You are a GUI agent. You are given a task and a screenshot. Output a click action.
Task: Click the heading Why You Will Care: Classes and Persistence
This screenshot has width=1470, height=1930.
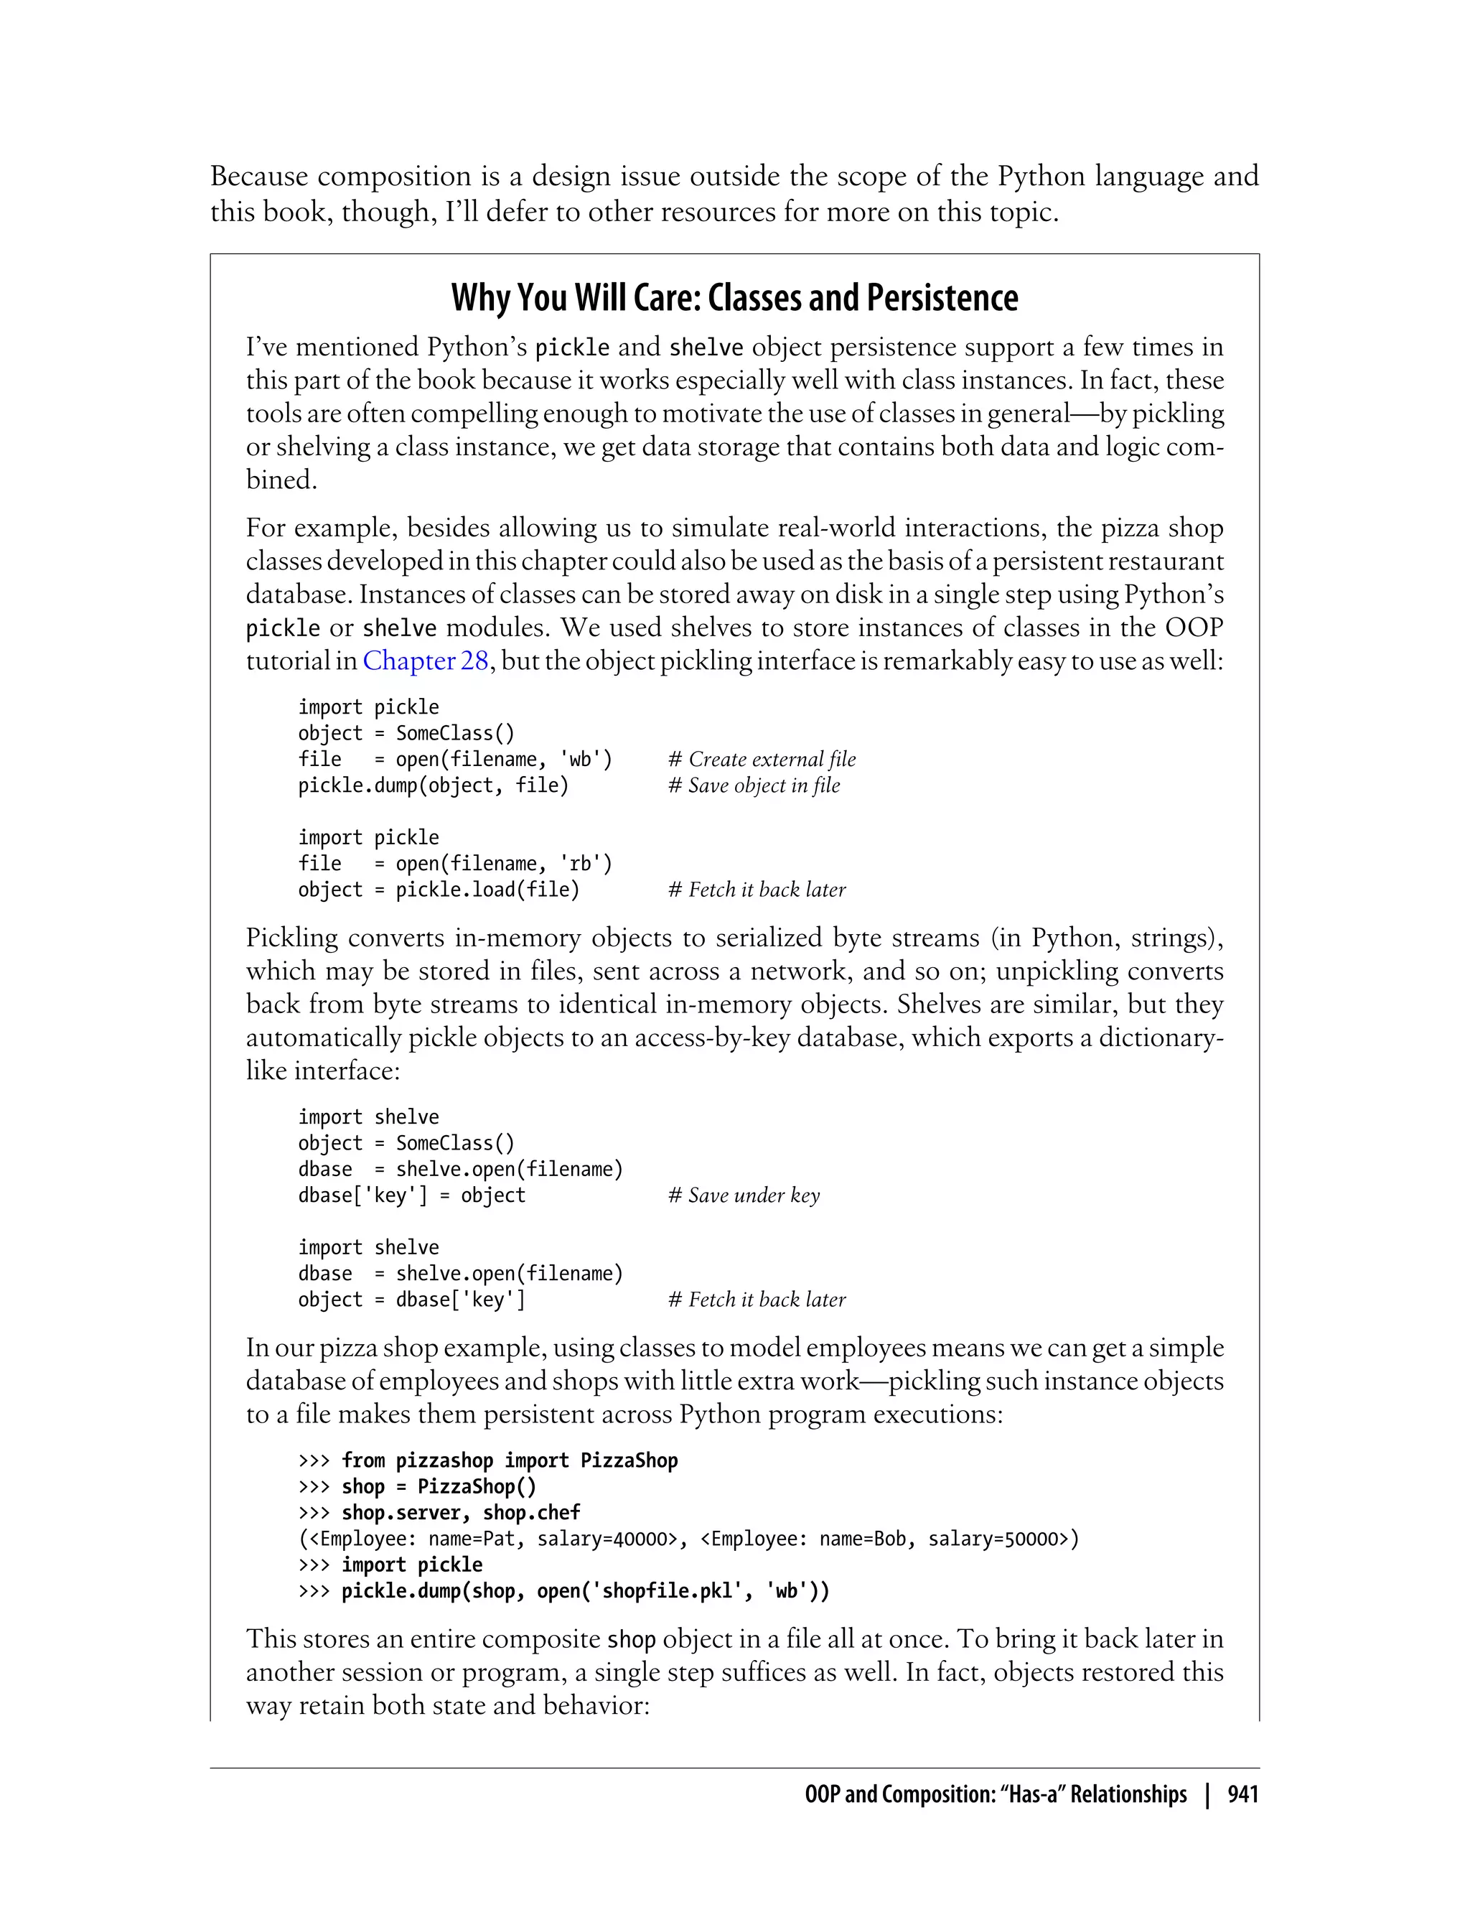(x=734, y=299)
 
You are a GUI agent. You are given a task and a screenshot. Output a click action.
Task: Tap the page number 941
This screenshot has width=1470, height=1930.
(x=1242, y=1794)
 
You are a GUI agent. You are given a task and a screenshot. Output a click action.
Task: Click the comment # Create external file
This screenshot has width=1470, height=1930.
(x=762, y=759)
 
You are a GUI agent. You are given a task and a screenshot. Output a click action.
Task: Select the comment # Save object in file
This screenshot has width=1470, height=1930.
(x=754, y=785)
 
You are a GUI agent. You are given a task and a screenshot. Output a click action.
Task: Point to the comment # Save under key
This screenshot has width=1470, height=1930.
(x=744, y=1195)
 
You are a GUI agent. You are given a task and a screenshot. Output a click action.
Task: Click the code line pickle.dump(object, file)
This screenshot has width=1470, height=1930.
(x=433, y=785)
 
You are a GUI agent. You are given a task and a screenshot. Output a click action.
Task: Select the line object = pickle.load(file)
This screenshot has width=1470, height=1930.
(x=439, y=890)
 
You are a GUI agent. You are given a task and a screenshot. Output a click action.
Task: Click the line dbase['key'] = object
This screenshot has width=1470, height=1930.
(x=411, y=1195)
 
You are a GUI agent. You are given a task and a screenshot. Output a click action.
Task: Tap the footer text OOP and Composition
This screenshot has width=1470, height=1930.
(x=995, y=1794)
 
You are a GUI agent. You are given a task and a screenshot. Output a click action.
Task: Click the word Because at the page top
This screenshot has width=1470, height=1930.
(x=259, y=177)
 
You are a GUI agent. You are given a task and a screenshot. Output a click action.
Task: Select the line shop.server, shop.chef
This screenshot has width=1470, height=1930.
(x=460, y=1513)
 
